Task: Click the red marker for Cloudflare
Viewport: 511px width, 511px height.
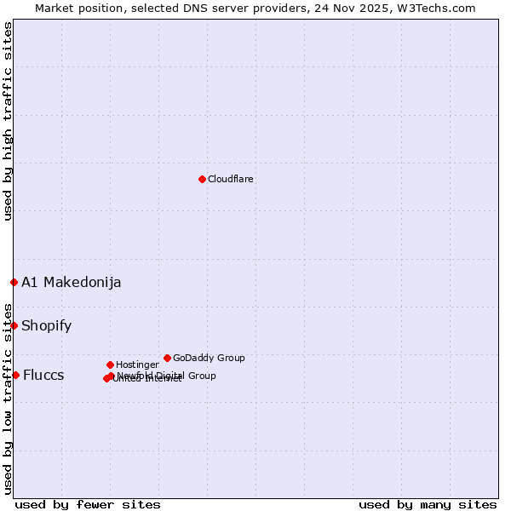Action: click(x=202, y=179)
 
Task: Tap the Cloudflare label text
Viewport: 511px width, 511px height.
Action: click(x=231, y=179)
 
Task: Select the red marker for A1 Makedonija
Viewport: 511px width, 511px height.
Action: click(x=14, y=282)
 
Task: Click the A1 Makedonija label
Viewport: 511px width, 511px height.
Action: click(x=72, y=282)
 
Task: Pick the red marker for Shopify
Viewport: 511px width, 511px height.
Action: click(x=14, y=325)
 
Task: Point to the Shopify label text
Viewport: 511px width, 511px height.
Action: click(x=47, y=325)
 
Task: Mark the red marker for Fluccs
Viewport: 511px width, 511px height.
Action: click(x=15, y=375)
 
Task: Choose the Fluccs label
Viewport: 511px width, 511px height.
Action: click(x=43, y=376)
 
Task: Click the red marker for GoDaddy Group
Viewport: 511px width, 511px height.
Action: click(x=167, y=358)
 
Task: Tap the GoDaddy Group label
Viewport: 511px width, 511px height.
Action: click(x=209, y=358)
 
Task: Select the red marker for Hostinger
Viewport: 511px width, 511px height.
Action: click(x=110, y=365)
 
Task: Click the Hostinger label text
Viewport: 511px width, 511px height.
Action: click(x=137, y=365)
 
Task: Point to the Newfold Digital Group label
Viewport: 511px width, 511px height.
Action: click(x=167, y=376)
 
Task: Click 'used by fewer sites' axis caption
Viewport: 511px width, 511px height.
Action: click(x=88, y=504)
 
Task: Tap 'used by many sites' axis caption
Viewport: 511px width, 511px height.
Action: click(x=428, y=504)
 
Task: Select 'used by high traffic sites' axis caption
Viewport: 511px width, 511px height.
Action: click(x=9, y=121)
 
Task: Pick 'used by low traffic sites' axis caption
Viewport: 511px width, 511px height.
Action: click(x=9, y=399)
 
